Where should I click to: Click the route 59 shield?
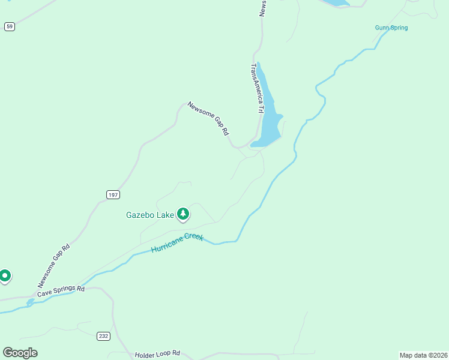[x=9, y=26]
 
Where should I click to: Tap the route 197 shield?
[x=113, y=195]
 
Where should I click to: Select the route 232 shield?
[x=103, y=336]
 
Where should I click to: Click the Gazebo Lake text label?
[x=149, y=215]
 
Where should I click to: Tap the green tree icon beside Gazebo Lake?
[x=183, y=214]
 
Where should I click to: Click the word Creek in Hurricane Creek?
[x=194, y=236]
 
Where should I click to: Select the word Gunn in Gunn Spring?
[x=382, y=28]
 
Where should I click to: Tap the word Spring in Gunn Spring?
[x=399, y=28]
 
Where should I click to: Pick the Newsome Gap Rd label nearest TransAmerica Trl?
[x=208, y=118]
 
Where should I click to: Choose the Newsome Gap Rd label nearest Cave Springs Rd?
[x=54, y=265]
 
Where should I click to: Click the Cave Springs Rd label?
[x=61, y=292]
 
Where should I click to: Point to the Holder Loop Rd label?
[x=157, y=355]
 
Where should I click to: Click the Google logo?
[x=20, y=353]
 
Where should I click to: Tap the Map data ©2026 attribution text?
[x=423, y=355]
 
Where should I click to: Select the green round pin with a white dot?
[x=4, y=276]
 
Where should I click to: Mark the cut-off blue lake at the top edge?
[x=336, y=2]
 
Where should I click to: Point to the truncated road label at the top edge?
[x=262, y=8]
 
